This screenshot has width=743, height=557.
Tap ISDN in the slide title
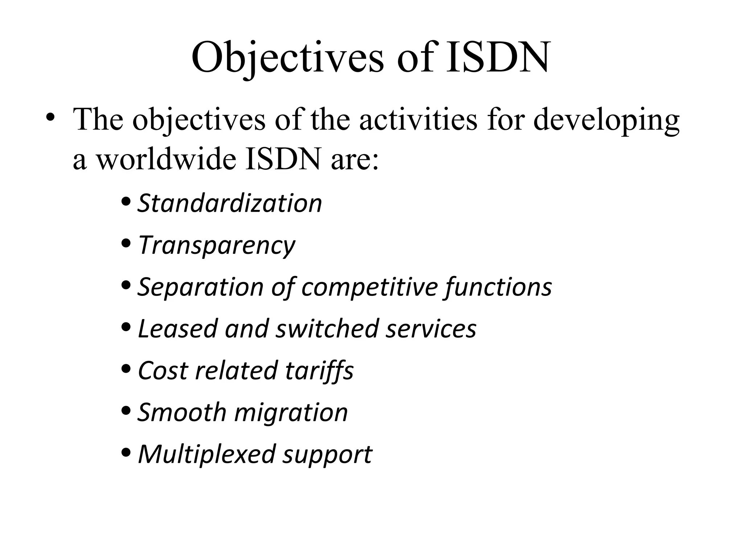point(497,57)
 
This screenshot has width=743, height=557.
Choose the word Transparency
point(217,246)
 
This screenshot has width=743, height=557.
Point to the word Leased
point(177,329)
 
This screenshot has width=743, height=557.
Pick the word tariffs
point(319,371)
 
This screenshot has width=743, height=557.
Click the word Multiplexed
point(206,454)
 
